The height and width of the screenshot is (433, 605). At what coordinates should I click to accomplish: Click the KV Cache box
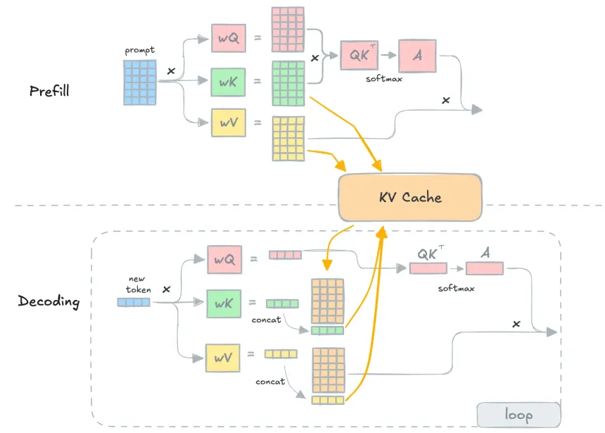coord(411,196)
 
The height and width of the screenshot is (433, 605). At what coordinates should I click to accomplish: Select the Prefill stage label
coord(49,91)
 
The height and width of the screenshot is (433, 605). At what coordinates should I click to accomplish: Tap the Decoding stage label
coord(49,302)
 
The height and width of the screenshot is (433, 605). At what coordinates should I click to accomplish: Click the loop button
coord(518,415)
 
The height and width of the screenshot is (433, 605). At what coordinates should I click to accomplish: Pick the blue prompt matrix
coord(140,81)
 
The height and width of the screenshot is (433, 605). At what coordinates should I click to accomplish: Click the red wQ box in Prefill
coord(228,38)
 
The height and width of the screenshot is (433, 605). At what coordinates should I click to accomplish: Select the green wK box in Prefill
coord(228,82)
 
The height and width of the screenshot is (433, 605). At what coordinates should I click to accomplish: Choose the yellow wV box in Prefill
coord(228,123)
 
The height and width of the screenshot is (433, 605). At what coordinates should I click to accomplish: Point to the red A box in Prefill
coord(418,56)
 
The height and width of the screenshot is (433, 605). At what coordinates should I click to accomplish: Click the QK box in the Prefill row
coord(359,56)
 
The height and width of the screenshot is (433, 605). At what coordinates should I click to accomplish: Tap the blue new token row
coord(134,303)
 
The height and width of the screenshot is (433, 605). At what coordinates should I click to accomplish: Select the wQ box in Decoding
coord(224,260)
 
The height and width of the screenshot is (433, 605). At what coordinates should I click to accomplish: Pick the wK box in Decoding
coord(224,303)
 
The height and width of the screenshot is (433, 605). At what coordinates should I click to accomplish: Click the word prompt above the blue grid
coord(139,51)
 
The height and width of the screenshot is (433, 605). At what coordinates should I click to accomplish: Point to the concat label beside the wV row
coord(270,382)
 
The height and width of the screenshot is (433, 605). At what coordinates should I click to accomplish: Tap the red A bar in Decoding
coord(483,268)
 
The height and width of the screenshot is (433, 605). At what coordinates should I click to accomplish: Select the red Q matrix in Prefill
coord(288,29)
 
